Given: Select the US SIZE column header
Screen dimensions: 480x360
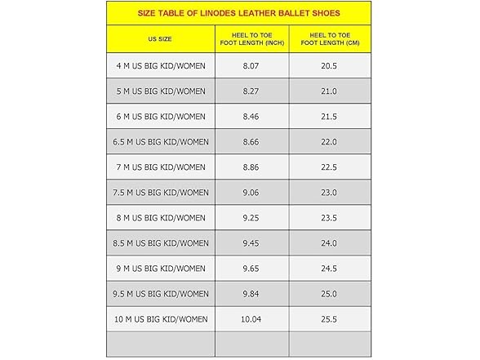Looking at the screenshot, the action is pos(160,39).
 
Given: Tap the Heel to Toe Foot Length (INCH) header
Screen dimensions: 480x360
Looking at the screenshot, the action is pos(251,39).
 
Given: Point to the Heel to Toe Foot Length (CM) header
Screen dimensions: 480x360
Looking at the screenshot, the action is pos(328,39).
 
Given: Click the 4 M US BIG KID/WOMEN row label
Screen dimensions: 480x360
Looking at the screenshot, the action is pos(160,66).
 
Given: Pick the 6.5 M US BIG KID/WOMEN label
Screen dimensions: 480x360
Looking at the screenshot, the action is pos(160,142).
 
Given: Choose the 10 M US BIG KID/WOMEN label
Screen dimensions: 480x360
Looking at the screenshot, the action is pos(160,319).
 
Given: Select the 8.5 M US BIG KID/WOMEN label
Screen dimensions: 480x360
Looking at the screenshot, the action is pos(160,243).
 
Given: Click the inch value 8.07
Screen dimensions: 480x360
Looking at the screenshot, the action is pos(251,66).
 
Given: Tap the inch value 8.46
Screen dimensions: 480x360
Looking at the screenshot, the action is pos(251,117).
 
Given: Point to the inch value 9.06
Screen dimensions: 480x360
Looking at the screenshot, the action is pos(251,193).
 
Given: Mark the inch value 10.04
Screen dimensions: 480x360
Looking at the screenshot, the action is pos(251,319).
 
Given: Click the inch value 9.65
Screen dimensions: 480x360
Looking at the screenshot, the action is pos(251,269).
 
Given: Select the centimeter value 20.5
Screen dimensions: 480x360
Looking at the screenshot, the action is pos(328,66).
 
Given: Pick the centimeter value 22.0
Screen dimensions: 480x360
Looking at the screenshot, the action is pos(328,142).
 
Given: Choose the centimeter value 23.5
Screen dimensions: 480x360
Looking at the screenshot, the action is pos(328,218).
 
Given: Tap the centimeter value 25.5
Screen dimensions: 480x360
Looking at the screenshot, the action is pos(328,319).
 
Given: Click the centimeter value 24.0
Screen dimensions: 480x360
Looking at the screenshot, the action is pos(328,243).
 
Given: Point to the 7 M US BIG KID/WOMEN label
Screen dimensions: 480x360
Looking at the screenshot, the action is pos(160,167).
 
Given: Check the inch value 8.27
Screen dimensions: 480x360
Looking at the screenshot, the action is pos(251,91).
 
